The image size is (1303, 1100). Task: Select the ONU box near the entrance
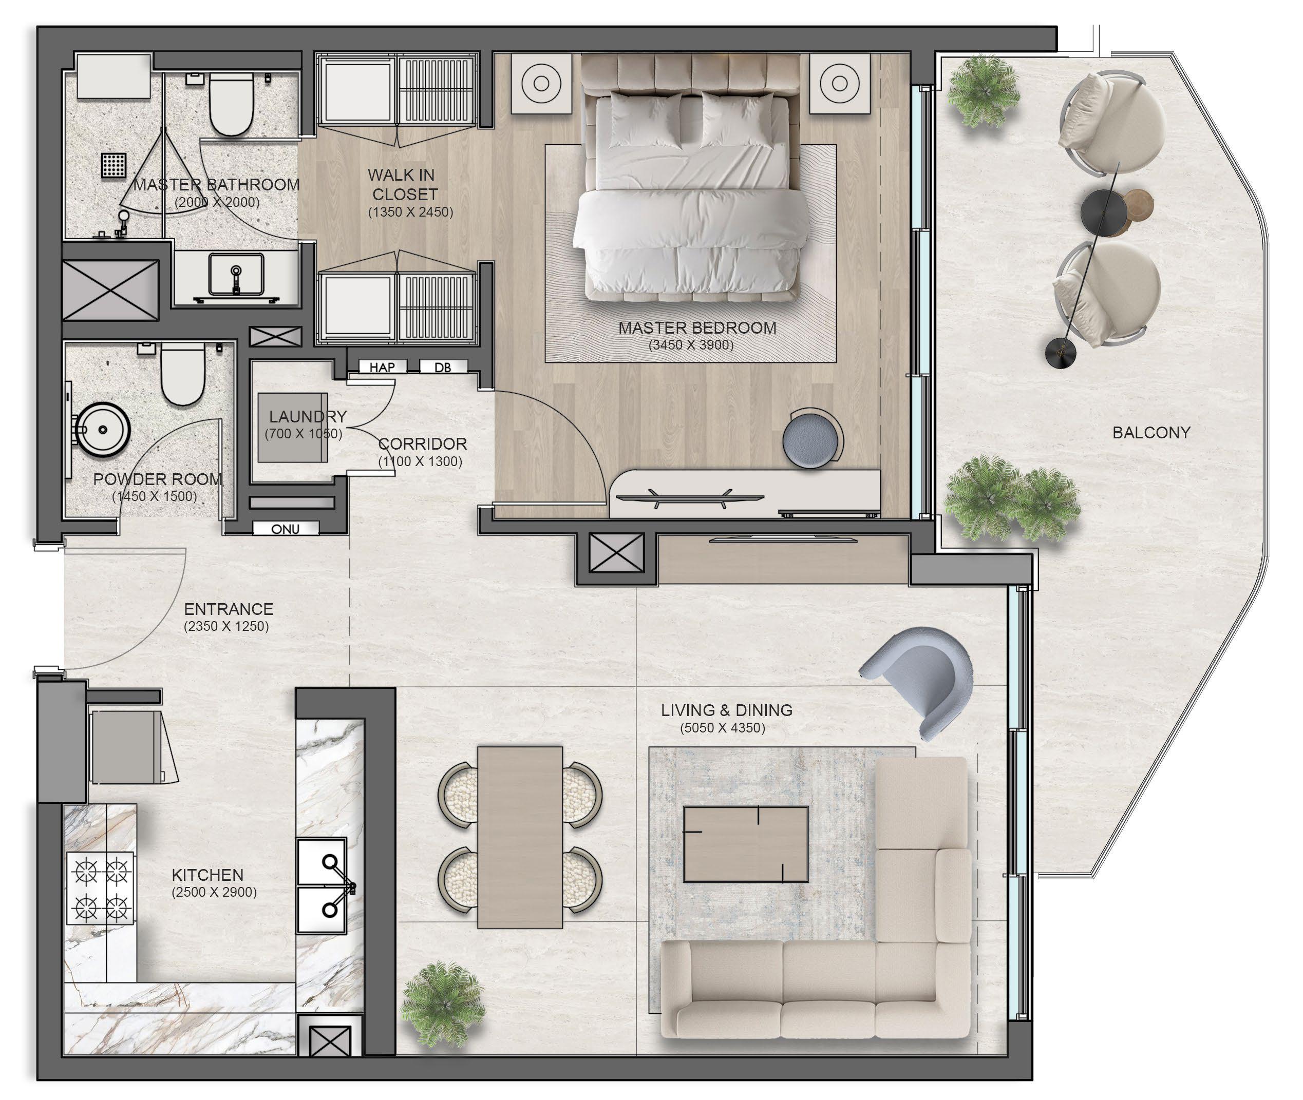(286, 529)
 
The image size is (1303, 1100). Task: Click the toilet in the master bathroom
(231, 104)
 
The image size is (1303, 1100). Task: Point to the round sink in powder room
(102, 430)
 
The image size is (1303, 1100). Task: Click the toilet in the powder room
(182, 374)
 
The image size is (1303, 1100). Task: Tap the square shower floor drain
(114, 165)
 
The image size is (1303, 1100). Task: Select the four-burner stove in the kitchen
(101, 888)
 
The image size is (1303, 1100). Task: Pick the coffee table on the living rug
(746, 844)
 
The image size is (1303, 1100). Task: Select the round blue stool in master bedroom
(810, 438)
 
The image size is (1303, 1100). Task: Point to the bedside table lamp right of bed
(839, 83)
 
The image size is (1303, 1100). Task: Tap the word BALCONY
(1151, 432)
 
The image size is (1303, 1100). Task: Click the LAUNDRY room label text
(308, 416)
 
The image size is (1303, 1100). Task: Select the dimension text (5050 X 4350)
(722, 728)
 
